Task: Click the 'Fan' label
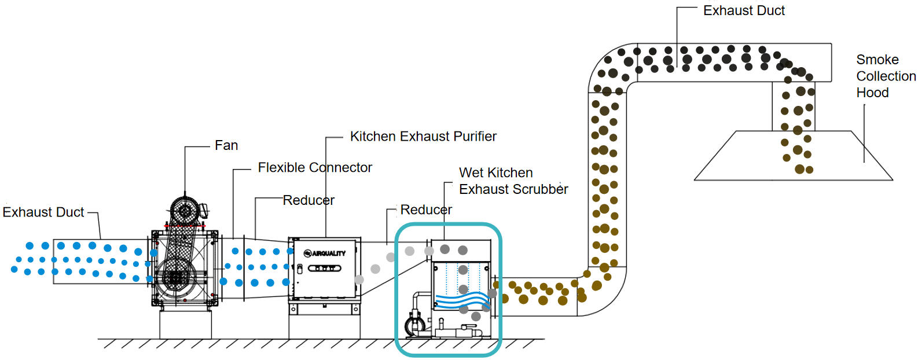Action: (x=226, y=145)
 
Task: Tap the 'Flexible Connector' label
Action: (x=315, y=167)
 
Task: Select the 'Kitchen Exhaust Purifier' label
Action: (x=423, y=136)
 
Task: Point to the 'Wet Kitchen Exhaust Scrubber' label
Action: (x=513, y=181)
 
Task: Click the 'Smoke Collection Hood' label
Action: (x=886, y=76)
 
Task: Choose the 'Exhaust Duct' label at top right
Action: (x=744, y=10)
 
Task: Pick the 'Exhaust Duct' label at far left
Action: (x=43, y=212)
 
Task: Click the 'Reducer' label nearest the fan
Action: (x=309, y=200)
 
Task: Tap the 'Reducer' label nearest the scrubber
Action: (x=426, y=210)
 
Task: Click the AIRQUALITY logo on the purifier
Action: (x=325, y=254)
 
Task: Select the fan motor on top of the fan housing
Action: (x=186, y=211)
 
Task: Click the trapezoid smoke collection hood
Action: (x=793, y=156)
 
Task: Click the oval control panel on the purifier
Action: (x=325, y=269)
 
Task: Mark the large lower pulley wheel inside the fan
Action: (x=176, y=276)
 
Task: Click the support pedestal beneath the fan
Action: (x=186, y=324)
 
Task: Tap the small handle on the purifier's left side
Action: (x=300, y=269)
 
